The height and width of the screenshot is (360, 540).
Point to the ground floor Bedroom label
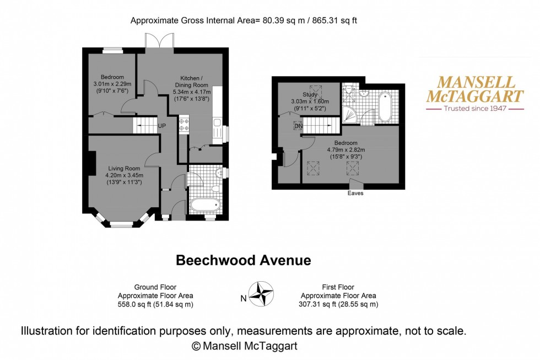[x=112, y=77]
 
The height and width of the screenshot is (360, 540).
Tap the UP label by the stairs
[x=162, y=126]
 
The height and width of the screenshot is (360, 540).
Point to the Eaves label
[x=355, y=194]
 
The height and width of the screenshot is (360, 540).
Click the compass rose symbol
[x=262, y=294]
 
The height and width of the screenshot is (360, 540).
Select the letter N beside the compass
[x=243, y=299]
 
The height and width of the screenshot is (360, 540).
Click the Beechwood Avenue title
[x=243, y=260]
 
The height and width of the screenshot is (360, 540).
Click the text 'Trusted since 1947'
[x=475, y=109]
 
